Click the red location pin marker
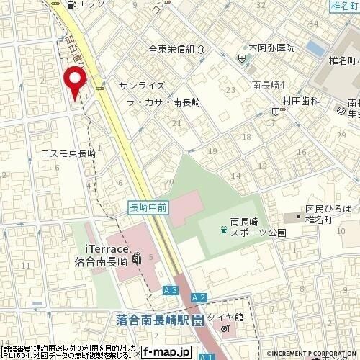tap(73, 81)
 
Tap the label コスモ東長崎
tap(68, 153)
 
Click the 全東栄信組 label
tap(172, 50)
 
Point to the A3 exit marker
tap(169, 289)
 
